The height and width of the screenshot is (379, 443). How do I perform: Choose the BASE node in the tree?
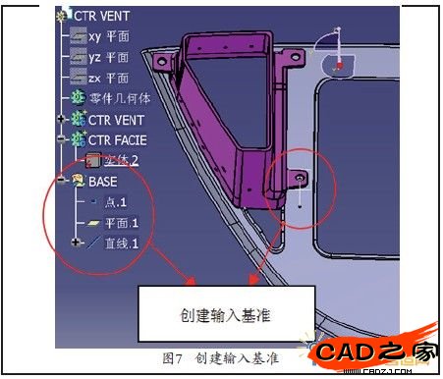point(102,182)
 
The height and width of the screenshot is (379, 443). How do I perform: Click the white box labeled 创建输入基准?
point(226,313)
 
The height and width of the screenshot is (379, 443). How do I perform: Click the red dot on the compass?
point(339,65)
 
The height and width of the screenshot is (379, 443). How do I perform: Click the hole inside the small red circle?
point(300,180)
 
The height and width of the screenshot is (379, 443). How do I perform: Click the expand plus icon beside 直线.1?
point(76,243)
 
